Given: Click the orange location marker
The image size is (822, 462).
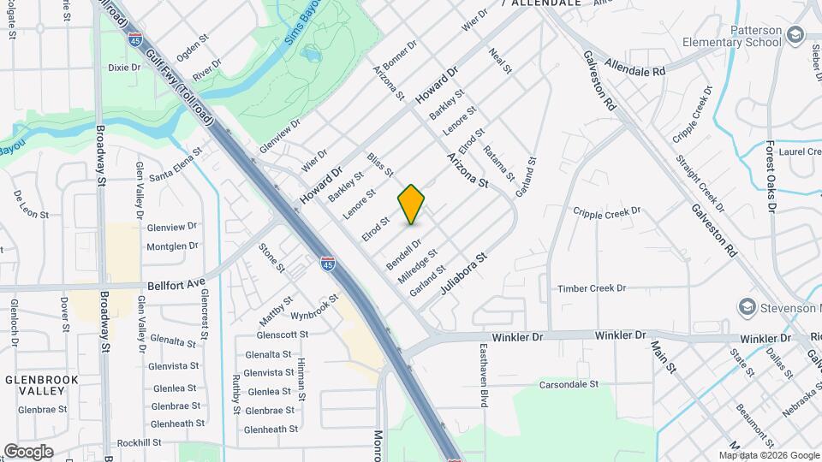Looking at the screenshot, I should [x=411, y=204].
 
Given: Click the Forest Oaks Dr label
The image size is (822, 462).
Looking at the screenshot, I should [x=771, y=177].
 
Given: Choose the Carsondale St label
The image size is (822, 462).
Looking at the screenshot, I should [x=568, y=384].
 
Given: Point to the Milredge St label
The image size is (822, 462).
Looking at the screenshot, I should [x=417, y=267].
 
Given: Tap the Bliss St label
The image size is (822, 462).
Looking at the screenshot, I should [x=378, y=165].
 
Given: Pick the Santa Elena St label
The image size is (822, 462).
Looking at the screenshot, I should [x=175, y=165].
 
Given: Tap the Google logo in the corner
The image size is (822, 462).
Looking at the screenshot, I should [x=28, y=451].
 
